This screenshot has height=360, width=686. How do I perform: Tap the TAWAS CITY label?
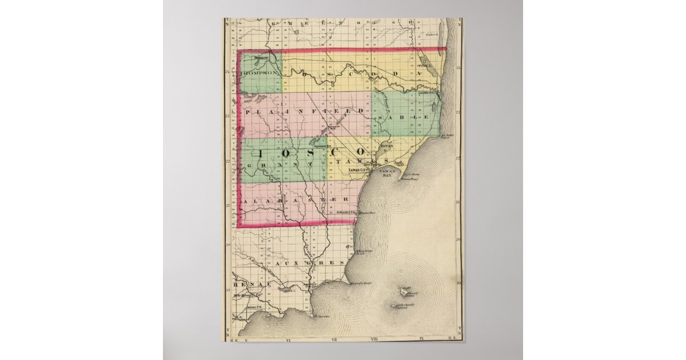coord(361,170)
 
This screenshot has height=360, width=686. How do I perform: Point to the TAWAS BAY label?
coord(390,173)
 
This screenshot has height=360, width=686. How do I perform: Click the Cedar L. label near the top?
coord(436,35)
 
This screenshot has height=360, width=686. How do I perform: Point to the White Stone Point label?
coord(364,252)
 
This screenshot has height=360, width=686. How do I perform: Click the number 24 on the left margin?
coord(228,72)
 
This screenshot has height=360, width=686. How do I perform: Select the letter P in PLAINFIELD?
coord(247,111)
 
